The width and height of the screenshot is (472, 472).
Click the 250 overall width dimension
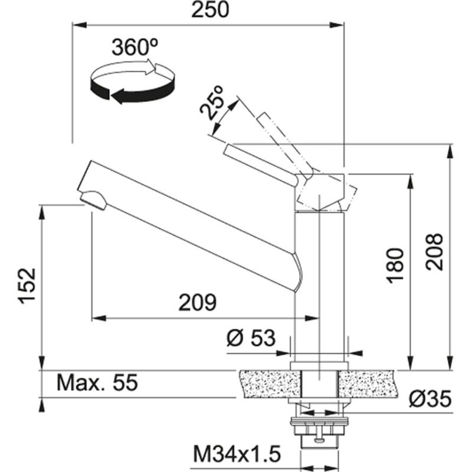point(208,10)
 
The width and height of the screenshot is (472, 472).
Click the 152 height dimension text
point(27,286)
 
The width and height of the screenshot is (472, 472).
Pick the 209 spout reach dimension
point(198,302)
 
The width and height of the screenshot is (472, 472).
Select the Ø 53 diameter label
point(251,338)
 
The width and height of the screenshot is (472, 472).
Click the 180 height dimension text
point(396,265)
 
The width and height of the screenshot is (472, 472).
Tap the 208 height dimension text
point(434,252)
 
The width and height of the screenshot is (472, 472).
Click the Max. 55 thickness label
point(97,383)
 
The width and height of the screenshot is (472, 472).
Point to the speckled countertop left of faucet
point(265,383)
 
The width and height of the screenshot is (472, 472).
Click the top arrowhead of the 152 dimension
point(41,209)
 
